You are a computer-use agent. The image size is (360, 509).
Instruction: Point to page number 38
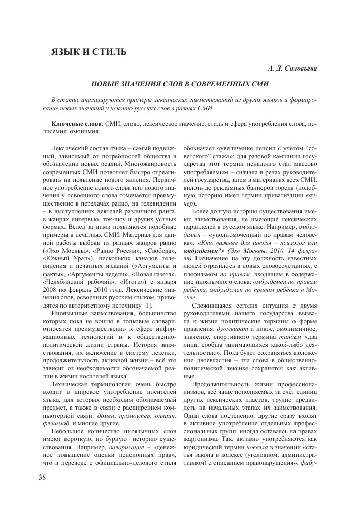(x=43, y=477)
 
